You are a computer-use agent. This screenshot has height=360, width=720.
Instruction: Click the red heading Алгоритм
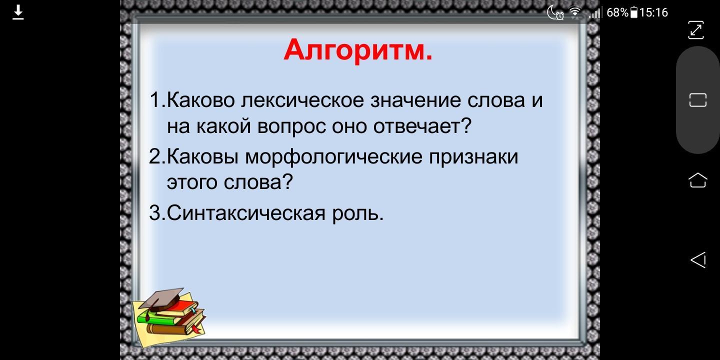[358, 50]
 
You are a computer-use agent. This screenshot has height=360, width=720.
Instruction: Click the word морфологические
[333, 157]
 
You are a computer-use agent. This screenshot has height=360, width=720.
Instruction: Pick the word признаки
[474, 157]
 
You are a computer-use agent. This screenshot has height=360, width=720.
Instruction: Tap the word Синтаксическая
[246, 213]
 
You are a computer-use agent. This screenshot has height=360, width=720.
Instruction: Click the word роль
[358, 213]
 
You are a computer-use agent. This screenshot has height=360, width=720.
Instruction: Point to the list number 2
[155, 157]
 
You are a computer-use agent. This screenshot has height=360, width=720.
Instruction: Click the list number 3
[155, 213]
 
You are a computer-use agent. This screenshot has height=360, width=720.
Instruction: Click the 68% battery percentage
[617, 13]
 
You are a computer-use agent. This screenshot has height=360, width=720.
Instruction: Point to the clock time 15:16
[653, 13]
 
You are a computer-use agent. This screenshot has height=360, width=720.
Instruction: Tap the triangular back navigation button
[698, 259]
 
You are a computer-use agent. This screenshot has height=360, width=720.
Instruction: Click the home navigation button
[698, 180]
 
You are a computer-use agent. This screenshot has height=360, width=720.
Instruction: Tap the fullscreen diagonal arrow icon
[696, 30]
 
